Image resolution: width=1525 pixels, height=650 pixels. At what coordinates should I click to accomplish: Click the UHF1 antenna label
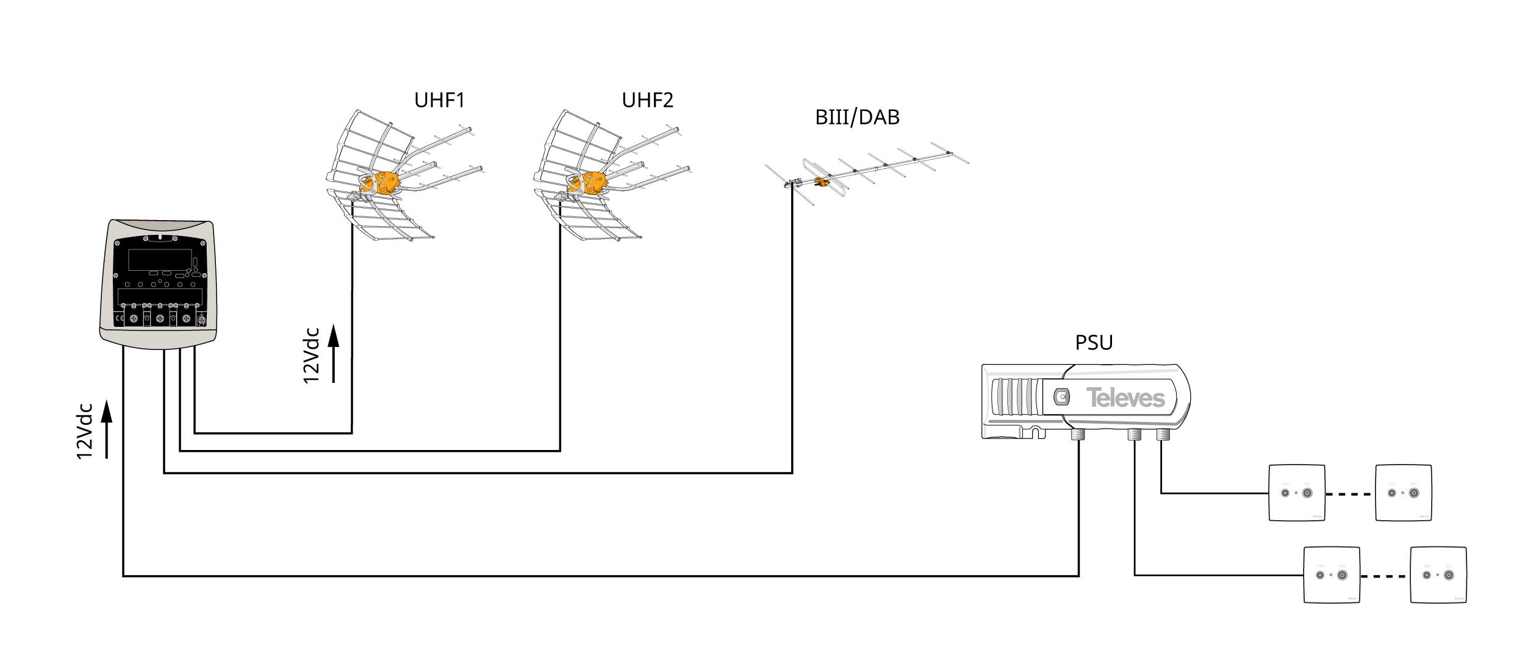tap(439, 100)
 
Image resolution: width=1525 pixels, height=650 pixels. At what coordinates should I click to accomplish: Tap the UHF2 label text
tap(647, 100)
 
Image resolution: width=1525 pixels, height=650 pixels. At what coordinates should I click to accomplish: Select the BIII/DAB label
tap(857, 117)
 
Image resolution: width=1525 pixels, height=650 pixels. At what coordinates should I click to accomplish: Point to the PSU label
tap(1094, 343)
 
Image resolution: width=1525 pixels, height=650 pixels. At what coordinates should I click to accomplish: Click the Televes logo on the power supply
tap(1125, 398)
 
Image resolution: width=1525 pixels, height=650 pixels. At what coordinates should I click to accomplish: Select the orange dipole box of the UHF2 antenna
tap(593, 182)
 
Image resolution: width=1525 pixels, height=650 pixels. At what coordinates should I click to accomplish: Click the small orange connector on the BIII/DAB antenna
tap(821, 182)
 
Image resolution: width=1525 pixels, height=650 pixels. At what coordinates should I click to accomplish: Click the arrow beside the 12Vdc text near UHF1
tap(333, 354)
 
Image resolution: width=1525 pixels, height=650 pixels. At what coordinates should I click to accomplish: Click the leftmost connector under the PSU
tap(1078, 435)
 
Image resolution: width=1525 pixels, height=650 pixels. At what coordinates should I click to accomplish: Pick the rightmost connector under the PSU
tap(1162, 435)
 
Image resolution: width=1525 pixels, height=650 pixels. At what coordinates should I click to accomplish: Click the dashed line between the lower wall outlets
tap(1385, 575)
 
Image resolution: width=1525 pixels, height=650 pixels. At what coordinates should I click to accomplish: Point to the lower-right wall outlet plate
tap(1438, 575)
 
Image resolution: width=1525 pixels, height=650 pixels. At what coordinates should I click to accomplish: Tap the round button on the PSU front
tap(1062, 397)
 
